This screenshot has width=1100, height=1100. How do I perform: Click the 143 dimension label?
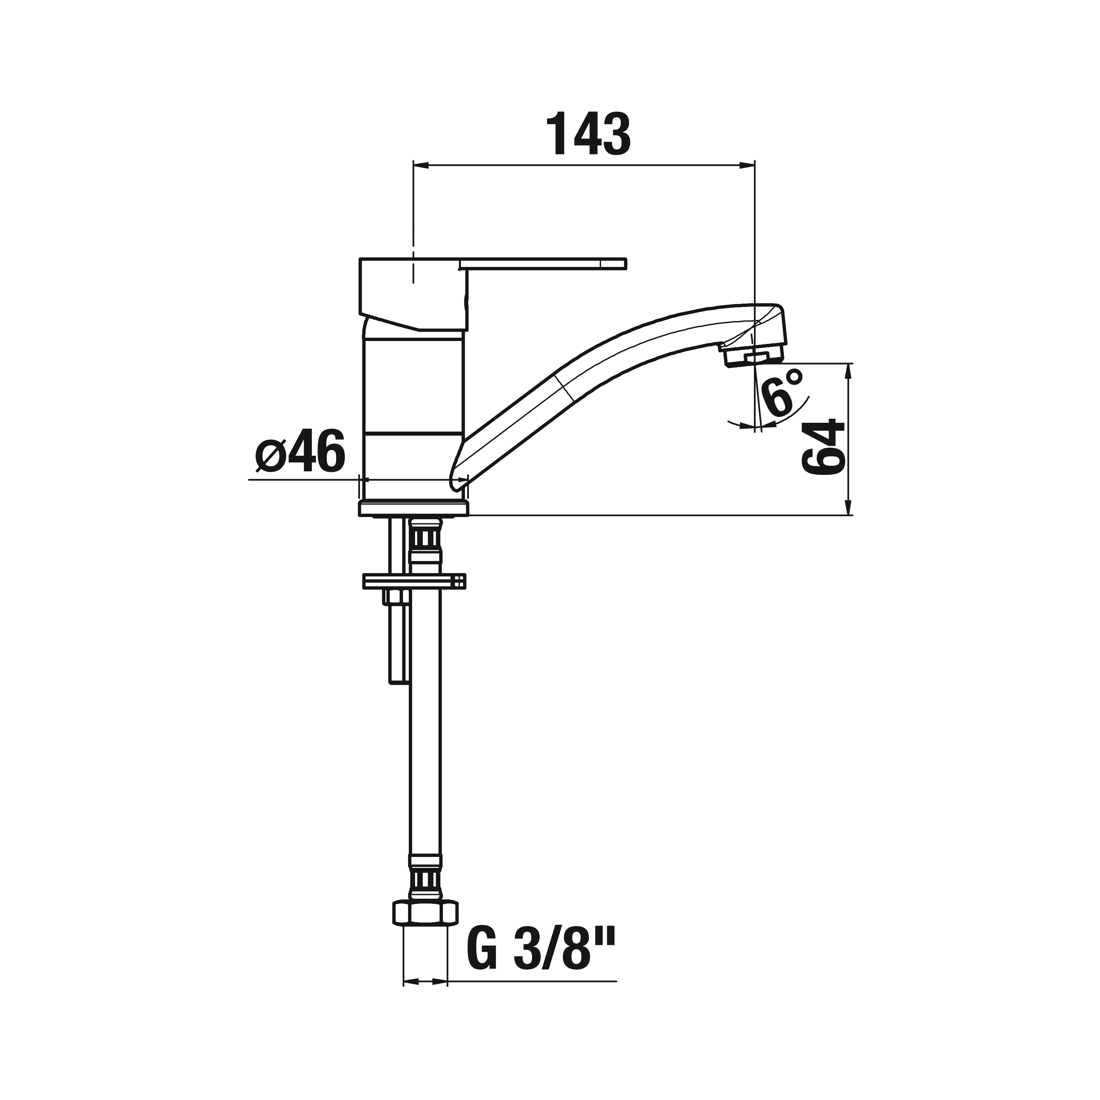coord(588,134)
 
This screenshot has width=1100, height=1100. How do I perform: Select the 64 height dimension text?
coord(823,447)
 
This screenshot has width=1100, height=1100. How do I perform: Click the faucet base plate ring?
coord(413,509)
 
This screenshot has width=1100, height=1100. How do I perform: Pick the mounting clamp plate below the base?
coord(414,581)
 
